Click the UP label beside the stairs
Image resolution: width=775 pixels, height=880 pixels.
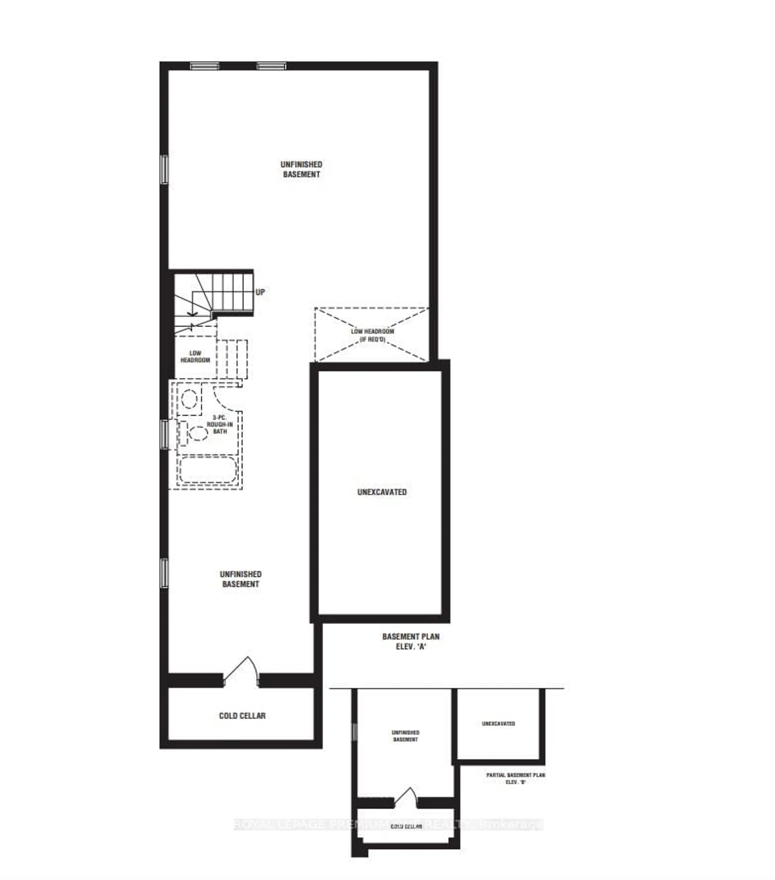260,292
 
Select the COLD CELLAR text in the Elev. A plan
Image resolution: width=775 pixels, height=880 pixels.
242,716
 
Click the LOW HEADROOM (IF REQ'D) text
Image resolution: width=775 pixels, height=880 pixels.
372,335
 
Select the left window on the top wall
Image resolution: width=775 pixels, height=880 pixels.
205,66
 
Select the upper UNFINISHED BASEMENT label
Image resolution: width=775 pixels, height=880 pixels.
301,169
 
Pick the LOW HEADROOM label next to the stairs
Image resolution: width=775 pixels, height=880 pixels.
195,356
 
